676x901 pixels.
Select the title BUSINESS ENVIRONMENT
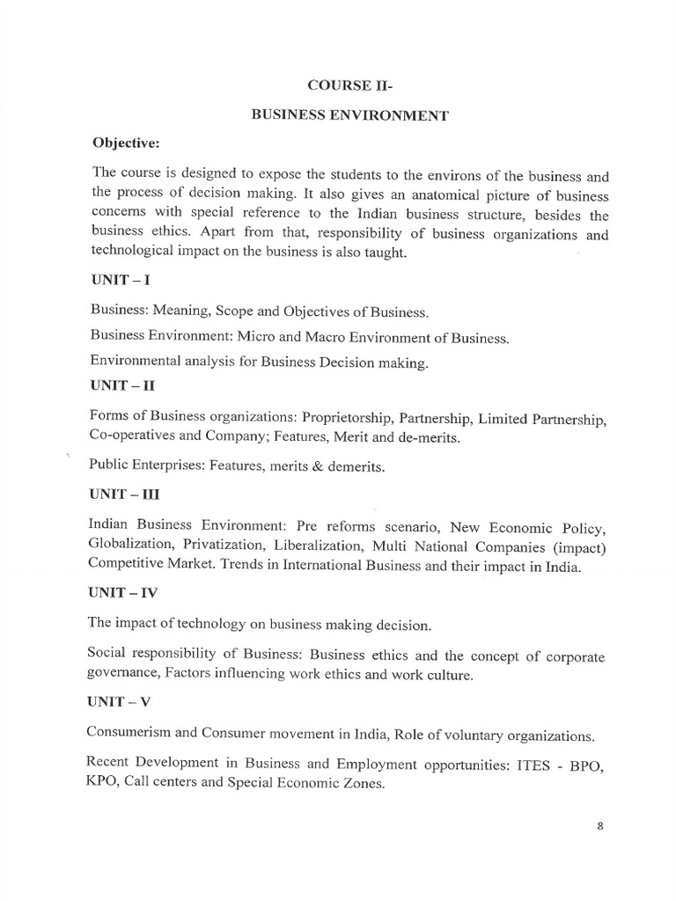tap(349, 115)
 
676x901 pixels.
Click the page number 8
tap(599, 825)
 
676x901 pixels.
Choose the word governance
tap(122, 676)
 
